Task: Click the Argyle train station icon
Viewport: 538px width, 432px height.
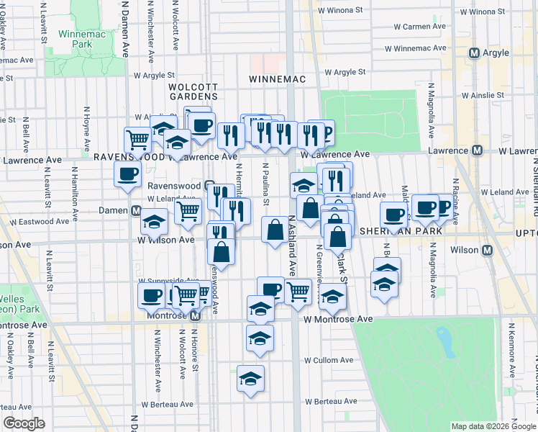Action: pos(474,53)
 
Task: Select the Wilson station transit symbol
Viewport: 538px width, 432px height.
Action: pos(487,250)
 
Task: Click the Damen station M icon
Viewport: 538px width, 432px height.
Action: pos(135,210)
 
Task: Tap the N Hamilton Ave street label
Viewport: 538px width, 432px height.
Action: pos(74,192)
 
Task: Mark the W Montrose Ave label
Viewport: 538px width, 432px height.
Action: pos(338,319)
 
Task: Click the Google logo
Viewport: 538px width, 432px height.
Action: pos(24,423)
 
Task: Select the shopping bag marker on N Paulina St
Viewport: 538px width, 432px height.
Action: pos(275,231)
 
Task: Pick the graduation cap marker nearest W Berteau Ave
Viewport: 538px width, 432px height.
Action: pos(250,379)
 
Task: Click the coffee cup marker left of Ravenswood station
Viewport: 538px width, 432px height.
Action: pos(128,174)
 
